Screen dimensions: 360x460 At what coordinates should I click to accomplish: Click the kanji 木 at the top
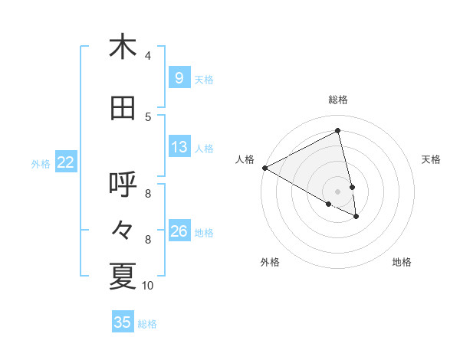[x=123, y=47]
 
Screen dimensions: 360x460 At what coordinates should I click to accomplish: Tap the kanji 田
[x=123, y=109]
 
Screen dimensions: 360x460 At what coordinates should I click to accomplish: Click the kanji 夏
[x=123, y=277]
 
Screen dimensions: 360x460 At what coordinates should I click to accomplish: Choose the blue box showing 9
[x=179, y=79]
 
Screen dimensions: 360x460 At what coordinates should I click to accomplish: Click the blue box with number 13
[x=179, y=148]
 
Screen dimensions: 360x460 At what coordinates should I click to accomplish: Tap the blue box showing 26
[x=179, y=232]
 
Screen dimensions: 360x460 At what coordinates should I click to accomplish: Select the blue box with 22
[x=66, y=163]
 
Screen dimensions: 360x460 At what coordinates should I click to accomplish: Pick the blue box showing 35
[x=123, y=322]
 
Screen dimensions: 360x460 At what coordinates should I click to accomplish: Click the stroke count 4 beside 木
[x=148, y=55]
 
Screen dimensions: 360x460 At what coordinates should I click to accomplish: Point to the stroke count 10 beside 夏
[x=148, y=286]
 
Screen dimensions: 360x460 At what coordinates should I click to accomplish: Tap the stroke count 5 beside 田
[x=148, y=116]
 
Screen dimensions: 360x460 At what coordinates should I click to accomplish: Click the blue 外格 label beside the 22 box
[x=41, y=164]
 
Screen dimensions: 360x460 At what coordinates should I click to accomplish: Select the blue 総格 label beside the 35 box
[x=147, y=324]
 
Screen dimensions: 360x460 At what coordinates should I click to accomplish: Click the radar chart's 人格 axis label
[x=245, y=159]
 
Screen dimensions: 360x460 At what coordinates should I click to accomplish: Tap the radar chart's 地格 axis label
[x=402, y=263]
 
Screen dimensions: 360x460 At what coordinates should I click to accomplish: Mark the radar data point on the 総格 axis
[x=337, y=130]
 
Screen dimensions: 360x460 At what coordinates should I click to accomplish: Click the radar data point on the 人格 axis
[x=264, y=168]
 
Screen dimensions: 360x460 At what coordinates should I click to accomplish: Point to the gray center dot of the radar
[x=337, y=191]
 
